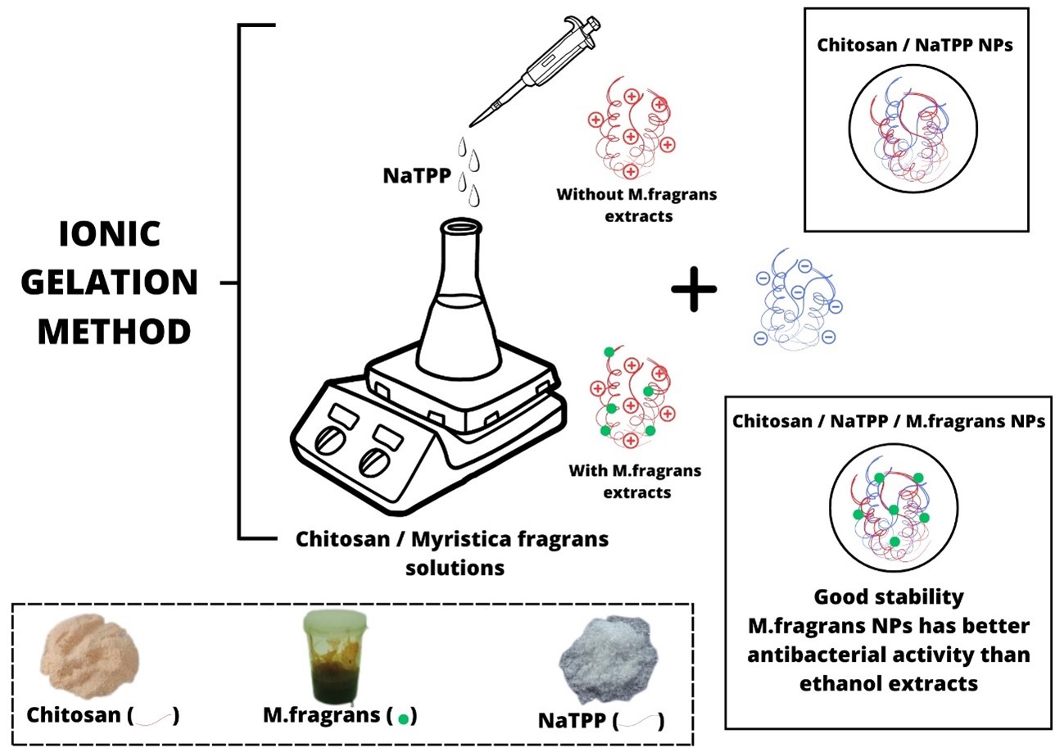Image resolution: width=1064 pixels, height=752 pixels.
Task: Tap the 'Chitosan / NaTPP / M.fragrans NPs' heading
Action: [889, 422]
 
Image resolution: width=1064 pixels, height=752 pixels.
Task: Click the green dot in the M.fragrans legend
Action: [403, 719]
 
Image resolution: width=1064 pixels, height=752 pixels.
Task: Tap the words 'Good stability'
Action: [889, 596]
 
